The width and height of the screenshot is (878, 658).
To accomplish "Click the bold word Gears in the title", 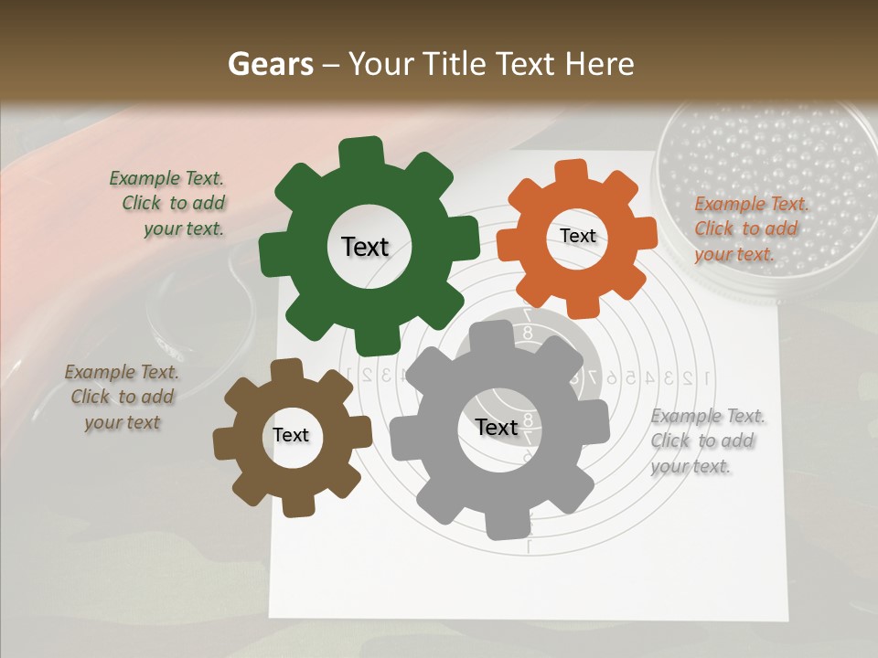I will [x=270, y=64].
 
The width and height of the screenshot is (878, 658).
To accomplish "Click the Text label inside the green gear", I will [x=365, y=247].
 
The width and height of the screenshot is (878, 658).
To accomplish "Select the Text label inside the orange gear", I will [x=577, y=236].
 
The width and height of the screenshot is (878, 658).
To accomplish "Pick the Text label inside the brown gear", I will [x=291, y=436].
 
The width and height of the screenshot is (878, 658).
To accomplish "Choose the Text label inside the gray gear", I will [x=497, y=428].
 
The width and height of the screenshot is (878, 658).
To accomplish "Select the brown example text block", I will [x=121, y=398].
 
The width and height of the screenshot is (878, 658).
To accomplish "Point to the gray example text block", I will [x=706, y=441].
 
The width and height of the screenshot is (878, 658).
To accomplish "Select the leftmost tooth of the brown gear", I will [x=225, y=443].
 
